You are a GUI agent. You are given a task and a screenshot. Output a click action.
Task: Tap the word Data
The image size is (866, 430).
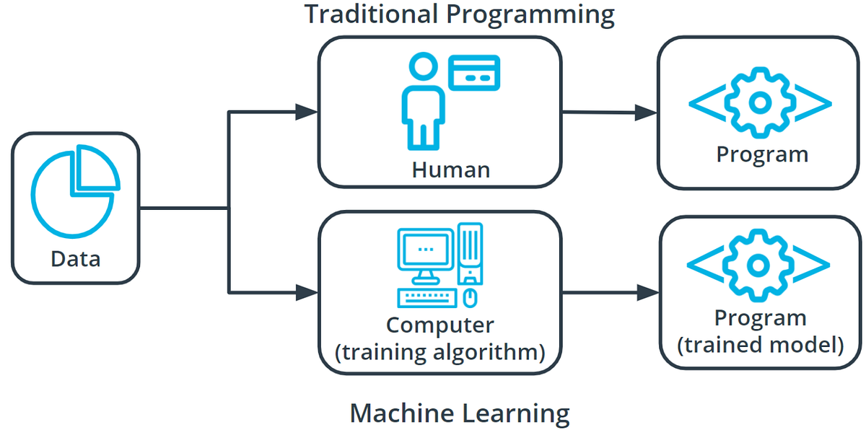tap(75, 258)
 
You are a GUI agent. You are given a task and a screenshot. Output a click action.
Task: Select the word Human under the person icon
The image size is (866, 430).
tap(450, 170)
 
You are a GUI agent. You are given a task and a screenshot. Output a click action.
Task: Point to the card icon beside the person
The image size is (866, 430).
tap(473, 73)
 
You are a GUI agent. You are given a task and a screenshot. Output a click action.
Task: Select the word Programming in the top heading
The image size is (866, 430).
tap(534, 14)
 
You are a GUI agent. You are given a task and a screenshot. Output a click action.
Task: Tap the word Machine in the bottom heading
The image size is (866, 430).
tap(393, 413)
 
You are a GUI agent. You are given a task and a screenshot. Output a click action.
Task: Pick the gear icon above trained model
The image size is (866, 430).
tap(758, 265)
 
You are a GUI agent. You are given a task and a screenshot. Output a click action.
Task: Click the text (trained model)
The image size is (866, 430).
tap(760, 344)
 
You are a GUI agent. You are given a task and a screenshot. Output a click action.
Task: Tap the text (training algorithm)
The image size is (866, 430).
tap(440, 352)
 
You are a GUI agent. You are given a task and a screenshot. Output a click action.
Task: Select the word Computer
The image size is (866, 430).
tap(439, 325)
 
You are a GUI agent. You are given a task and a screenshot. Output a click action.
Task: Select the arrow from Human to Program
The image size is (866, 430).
tap(610, 112)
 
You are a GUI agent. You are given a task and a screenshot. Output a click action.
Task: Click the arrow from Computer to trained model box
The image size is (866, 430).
tap(610, 293)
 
